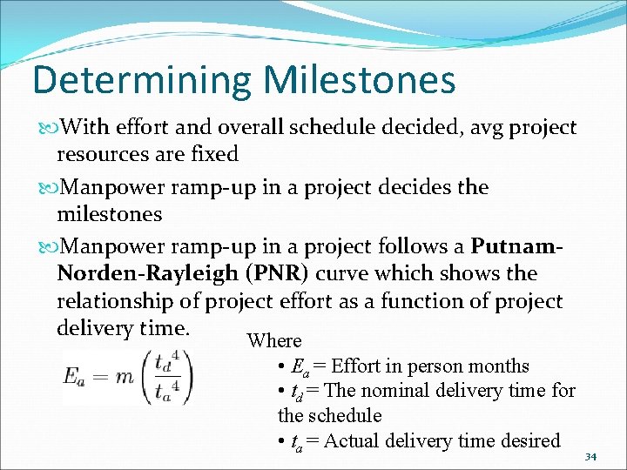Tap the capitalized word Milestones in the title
click(359, 81)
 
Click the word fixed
click(213, 155)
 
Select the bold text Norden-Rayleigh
click(151, 273)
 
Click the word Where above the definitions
click(273, 341)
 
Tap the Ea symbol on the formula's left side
click(75, 375)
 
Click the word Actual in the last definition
click(353, 441)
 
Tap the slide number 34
click(590, 457)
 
